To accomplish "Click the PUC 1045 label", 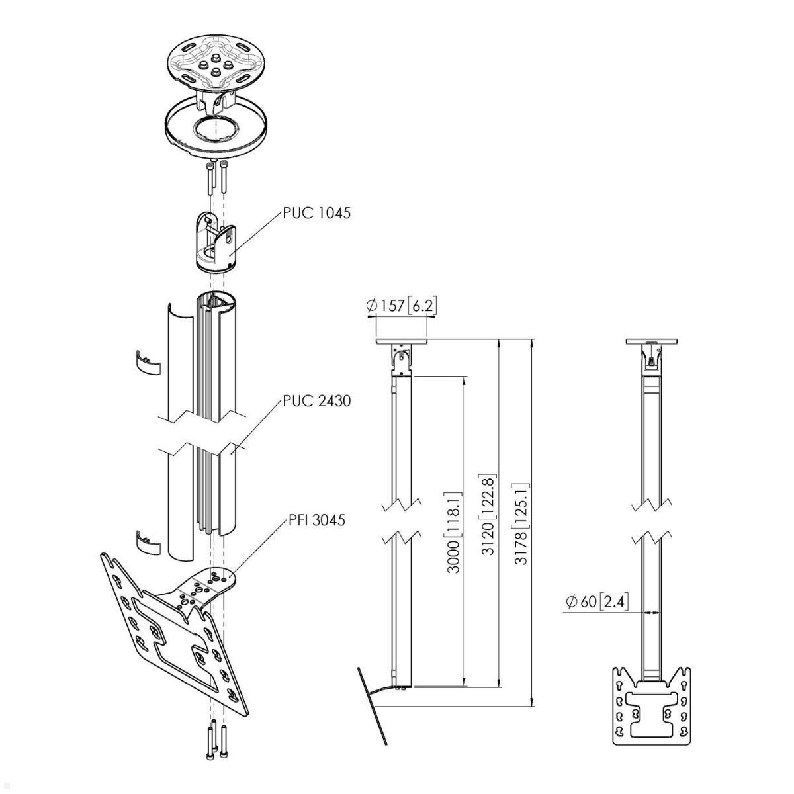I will [x=316, y=213].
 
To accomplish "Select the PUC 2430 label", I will [x=316, y=400].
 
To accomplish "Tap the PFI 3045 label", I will [x=316, y=521].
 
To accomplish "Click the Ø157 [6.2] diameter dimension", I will [x=402, y=306].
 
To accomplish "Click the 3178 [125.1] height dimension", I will [x=523, y=523].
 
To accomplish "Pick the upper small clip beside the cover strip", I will [x=148, y=361].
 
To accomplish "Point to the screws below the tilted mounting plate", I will [x=216, y=748].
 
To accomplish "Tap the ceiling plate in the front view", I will [x=652, y=341].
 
